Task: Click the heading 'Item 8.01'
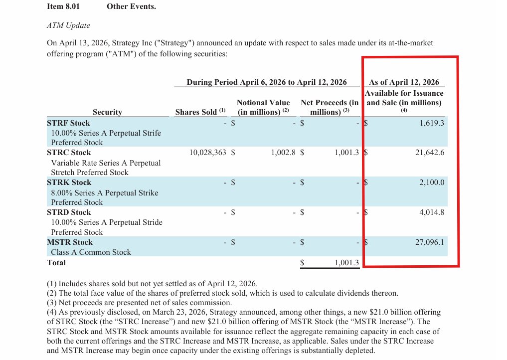click(x=63, y=7)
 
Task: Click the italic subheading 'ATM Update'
click(x=68, y=25)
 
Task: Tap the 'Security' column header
click(x=107, y=112)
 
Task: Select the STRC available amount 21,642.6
click(x=429, y=153)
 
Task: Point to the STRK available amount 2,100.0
click(x=431, y=182)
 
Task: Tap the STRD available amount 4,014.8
click(x=431, y=212)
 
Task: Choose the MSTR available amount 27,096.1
click(x=429, y=242)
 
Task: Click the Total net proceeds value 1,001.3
click(x=346, y=262)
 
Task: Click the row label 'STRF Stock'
click(x=68, y=123)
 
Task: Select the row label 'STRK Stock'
click(x=69, y=182)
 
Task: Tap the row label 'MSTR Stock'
click(x=70, y=242)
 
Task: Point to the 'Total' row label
click(x=56, y=262)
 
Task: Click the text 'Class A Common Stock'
click(x=91, y=252)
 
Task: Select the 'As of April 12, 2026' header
click(x=404, y=82)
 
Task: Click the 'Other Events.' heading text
click(x=131, y=7)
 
